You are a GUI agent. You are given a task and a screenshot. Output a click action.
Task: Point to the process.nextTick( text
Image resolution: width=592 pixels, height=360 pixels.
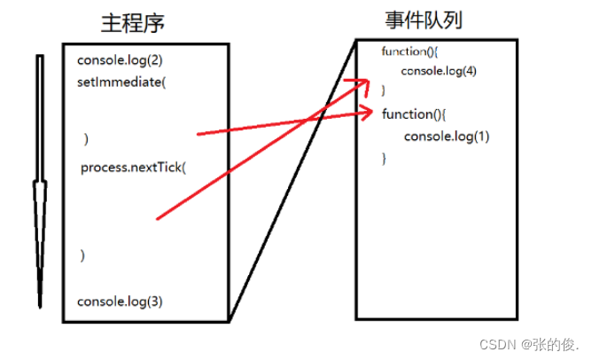click(x=134, y=168)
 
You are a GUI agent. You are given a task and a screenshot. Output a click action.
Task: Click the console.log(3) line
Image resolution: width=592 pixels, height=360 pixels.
click(x=120, y=301)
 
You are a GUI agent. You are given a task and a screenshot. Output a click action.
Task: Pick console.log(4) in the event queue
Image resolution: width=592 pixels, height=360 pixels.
click(x=439, y=71)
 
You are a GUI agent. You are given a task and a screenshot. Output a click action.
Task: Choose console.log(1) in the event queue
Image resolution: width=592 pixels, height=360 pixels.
click(x=447, y=137)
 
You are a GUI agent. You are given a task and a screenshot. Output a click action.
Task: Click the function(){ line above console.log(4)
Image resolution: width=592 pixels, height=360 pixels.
click(x=405, y=51)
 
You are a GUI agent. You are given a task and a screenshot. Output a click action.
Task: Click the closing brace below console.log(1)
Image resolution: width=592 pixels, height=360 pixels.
click(x=385, y=158)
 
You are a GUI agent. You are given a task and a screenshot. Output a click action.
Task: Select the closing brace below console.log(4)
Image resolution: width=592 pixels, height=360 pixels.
click(x=383, y=90)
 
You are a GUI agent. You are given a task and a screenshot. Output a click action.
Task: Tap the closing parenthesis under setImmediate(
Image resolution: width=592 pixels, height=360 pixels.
click(x=86, y=139)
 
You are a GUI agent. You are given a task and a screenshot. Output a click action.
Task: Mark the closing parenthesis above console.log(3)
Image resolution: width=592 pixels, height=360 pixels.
click(x=82, y=255)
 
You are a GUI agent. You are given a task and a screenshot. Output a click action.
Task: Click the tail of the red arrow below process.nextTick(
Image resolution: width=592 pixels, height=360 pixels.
click(x=158, y=217)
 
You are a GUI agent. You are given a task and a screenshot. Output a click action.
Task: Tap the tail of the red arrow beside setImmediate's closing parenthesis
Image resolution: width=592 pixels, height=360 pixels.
click(x=198, y=134)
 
